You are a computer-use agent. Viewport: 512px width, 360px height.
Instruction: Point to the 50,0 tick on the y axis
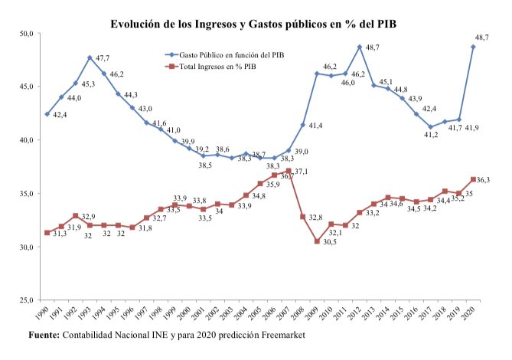(29, 34)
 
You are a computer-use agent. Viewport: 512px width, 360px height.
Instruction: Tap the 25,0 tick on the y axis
(29, 300)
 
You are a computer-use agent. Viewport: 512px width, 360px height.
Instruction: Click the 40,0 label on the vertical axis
(29, 140)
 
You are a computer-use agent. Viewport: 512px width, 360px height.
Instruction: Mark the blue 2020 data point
(474, 47)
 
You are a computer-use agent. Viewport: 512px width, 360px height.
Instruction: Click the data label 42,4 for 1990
(60, 115)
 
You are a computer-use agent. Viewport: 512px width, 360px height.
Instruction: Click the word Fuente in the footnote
(44, 335)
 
